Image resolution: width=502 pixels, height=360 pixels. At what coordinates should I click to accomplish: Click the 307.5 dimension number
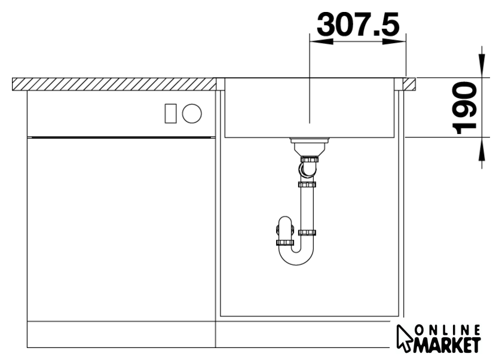click(x=358, y=24)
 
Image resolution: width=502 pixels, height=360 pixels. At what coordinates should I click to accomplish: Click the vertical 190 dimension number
click(x=464, y=108)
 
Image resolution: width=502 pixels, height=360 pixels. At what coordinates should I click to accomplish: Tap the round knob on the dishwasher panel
click(x=192, y=114)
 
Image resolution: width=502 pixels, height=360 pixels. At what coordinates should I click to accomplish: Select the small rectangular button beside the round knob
click(x=171, y=114)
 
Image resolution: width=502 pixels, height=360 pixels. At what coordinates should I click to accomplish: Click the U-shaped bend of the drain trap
click(x=296, y=256)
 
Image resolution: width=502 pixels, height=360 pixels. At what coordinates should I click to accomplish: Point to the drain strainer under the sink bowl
click(x=310, y=145)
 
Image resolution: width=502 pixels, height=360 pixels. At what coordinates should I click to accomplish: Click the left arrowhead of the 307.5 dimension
click(x=321, y=42)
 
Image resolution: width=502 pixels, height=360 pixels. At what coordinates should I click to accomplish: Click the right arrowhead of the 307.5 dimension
click(x=394, y=42)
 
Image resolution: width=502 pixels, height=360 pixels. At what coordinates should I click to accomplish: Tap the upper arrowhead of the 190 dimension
click(x=482, y=66)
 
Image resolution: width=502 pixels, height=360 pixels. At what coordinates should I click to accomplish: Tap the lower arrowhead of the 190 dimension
click(x=482, y=149)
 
